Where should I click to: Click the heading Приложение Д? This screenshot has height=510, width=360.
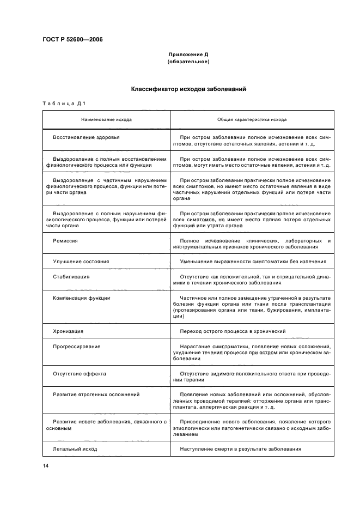point(188,54)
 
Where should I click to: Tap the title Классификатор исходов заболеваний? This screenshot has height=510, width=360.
point(188,89)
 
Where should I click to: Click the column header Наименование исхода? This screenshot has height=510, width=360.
point(106,119)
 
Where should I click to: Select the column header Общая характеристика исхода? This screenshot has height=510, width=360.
point(252,119)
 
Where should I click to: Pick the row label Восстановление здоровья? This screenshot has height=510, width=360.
point(86,137)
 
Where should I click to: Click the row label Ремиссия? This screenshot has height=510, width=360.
point(65,240)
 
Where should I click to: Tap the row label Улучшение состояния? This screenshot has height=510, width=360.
point(81,262)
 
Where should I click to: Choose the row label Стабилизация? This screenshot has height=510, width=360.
point(71,277)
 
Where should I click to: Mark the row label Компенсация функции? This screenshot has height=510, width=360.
point(82,298)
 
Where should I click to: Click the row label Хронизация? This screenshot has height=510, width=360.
point(68,331)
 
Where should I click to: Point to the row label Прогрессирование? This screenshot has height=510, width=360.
point(77,347)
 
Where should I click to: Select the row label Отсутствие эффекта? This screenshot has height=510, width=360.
point(80,374)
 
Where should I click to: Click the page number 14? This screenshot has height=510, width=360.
point(45,466)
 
